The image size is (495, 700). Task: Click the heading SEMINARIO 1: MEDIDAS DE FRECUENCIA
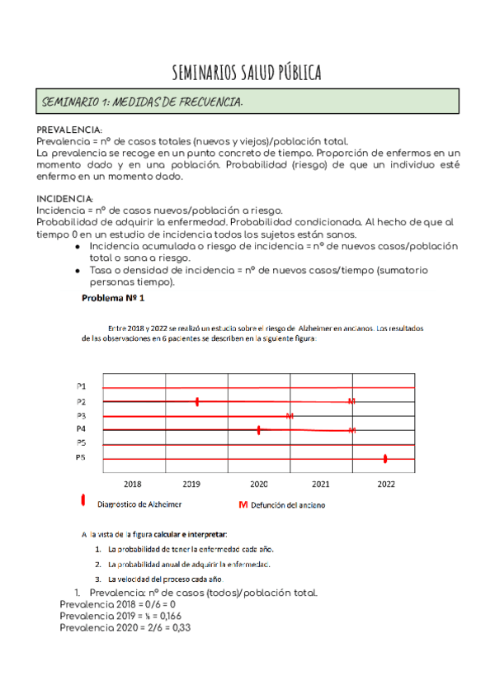(x=142, y=102)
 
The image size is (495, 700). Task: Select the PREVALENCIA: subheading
(x=70, y=130)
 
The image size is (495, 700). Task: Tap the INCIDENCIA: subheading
(x=65, y=199)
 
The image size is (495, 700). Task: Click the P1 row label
(x=81, y=386)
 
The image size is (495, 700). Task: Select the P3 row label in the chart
(x=81, y=415)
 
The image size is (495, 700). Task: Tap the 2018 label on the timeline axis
(x=132, y=485)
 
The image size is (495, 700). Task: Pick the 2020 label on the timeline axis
(x=259, y=485)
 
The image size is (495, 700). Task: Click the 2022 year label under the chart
(x=386, y=485)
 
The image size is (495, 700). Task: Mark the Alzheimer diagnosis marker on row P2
(x=197, y=401)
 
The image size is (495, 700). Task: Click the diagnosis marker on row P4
(x=259, y=430)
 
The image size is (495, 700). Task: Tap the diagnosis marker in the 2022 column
(x=385, y=459)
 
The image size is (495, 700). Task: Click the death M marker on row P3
(x=290, y=415)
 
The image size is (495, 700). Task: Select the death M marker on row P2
(x=352, y=401)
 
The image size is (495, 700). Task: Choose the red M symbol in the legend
(x=243, y=504)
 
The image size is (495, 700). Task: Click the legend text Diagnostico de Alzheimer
(x=139, y=504)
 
